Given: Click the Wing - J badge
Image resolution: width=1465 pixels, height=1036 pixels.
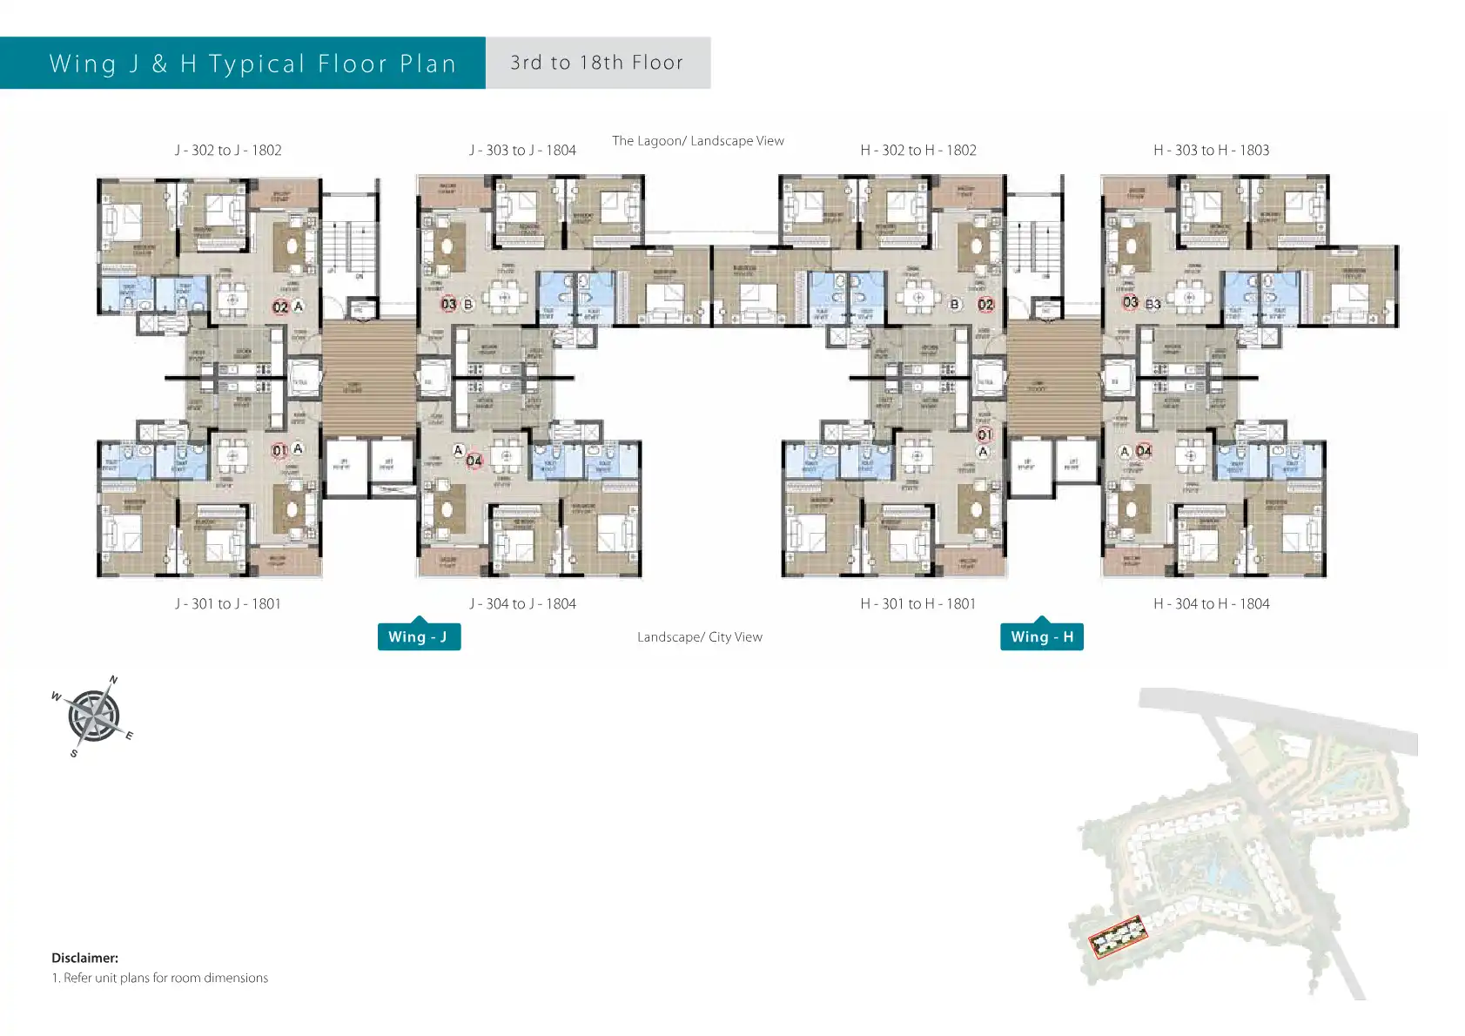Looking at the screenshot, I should [418, 636].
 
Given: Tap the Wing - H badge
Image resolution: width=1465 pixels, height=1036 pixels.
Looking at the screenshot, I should [1041, 636].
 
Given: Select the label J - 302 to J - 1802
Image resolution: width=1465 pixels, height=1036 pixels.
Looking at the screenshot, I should [228, 150].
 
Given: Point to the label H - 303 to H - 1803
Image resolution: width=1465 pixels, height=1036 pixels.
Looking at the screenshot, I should [1211, 150].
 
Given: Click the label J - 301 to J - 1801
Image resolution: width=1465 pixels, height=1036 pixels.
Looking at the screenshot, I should [228, 603].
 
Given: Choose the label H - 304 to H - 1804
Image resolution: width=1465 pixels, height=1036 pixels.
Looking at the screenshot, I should [1211, 603].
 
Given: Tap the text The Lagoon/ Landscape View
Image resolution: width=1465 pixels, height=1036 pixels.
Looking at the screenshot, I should [697, 140].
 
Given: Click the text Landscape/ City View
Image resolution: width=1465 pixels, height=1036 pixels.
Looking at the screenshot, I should [699, 636].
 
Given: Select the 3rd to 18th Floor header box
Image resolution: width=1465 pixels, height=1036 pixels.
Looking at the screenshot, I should [597, 63].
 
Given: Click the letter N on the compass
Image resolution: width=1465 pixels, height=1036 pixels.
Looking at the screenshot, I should [113, 680].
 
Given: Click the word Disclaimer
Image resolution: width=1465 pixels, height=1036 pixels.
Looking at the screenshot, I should [84, 958].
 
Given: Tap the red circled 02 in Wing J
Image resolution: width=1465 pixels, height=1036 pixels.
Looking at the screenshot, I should [280, 306].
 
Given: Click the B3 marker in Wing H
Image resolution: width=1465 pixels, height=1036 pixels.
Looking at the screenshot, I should [1153, 304].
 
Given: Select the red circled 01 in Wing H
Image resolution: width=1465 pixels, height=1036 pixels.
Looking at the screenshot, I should [985, 434].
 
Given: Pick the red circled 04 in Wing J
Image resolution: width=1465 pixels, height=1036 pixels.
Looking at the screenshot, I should [474, 461].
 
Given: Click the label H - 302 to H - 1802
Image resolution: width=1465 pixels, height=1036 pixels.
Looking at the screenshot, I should [918, 150].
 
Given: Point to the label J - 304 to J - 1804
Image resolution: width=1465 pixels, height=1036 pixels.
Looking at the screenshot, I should [522, 603].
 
